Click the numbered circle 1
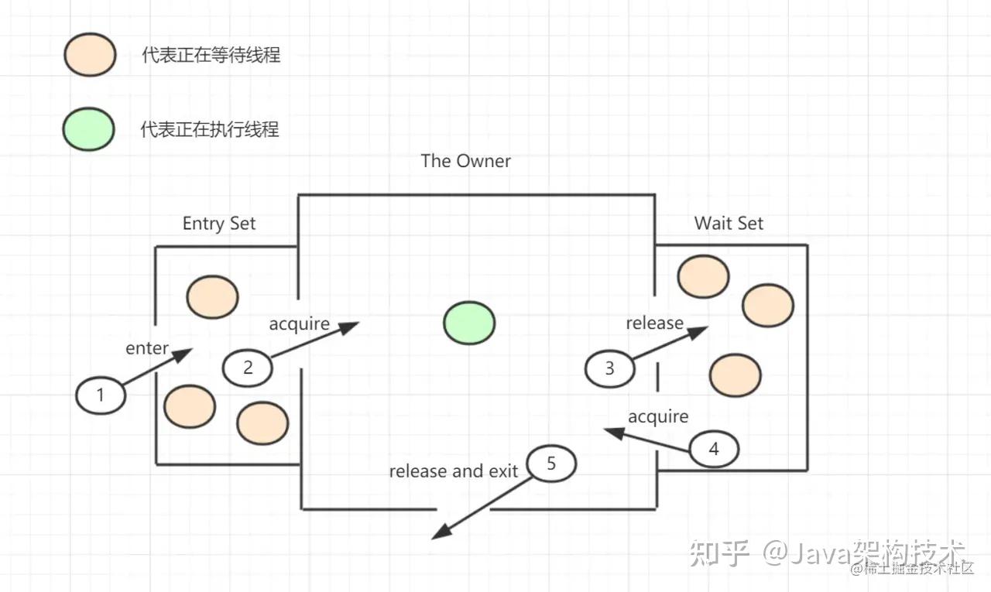(101, 395)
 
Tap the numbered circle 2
(248, 368)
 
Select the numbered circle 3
(609, 368)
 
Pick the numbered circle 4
(714, 449)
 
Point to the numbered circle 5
(551, 464)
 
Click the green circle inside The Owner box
(469, 323)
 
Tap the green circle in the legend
(89, 128)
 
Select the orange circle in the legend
(91, 56)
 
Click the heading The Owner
(466, 161)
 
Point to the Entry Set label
(219, 224)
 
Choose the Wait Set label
(729, 224)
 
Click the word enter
(147, 348)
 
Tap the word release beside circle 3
(655, 323)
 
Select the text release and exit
(454, 471)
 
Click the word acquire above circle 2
(300, 323)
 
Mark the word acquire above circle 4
(658, 416)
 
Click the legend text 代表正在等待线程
(211, 56)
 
